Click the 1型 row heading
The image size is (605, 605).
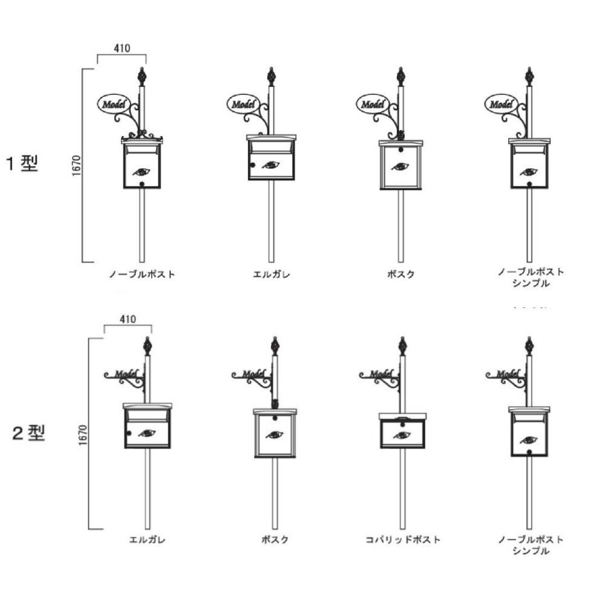(22, 163)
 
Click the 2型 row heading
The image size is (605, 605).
(28, 433)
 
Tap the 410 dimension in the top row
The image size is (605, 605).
(122, 48)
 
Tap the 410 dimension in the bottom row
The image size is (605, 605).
(128, 319)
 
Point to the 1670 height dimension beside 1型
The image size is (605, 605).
(76, 166)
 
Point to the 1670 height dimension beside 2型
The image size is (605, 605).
(83, 435)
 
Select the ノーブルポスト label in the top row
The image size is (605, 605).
(142, 274)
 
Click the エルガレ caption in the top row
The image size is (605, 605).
(271, 274)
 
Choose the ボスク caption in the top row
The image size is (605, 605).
(401, 274)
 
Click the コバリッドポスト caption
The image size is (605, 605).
(403, 540)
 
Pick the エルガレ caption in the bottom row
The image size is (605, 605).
(147, 540)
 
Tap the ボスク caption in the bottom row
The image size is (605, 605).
(275, 540)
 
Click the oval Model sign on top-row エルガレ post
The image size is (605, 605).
(243, 104)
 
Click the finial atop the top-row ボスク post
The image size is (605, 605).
(401, 77)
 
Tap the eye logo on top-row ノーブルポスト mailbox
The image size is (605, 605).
(142, 171)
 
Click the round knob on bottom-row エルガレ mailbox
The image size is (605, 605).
(129, 433)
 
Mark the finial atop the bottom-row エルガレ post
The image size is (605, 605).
(147, 346)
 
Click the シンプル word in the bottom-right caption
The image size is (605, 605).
(531, 551)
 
